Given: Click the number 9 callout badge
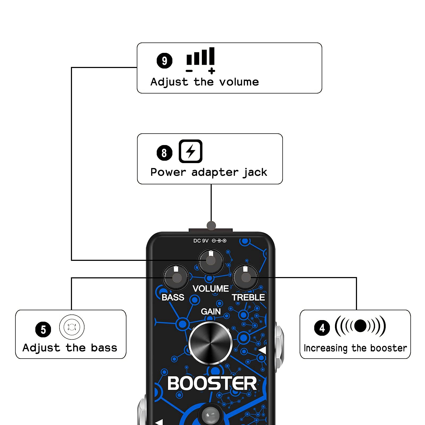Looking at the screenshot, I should pos(164,61).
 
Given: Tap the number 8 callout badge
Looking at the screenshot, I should pos(164,153).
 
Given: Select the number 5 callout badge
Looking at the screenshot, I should pos(43,329).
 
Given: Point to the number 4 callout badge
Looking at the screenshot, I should pos(322,328).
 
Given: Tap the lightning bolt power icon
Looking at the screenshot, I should pos(190,151).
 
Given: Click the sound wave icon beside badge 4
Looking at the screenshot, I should pos(360,326).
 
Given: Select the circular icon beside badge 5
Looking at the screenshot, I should pos(72,327).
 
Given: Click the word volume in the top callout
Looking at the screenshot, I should pos(239,82).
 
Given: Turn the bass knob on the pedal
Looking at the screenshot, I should pos(176,278).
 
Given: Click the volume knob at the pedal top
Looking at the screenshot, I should pos(211,261).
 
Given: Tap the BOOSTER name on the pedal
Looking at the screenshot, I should pos(212,384).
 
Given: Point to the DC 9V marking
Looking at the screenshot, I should pos(201,241).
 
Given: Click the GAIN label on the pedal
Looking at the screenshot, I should pos(211,311).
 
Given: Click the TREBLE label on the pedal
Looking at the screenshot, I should pos(248,297).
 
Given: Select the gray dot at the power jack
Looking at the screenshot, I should pos(211,226).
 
